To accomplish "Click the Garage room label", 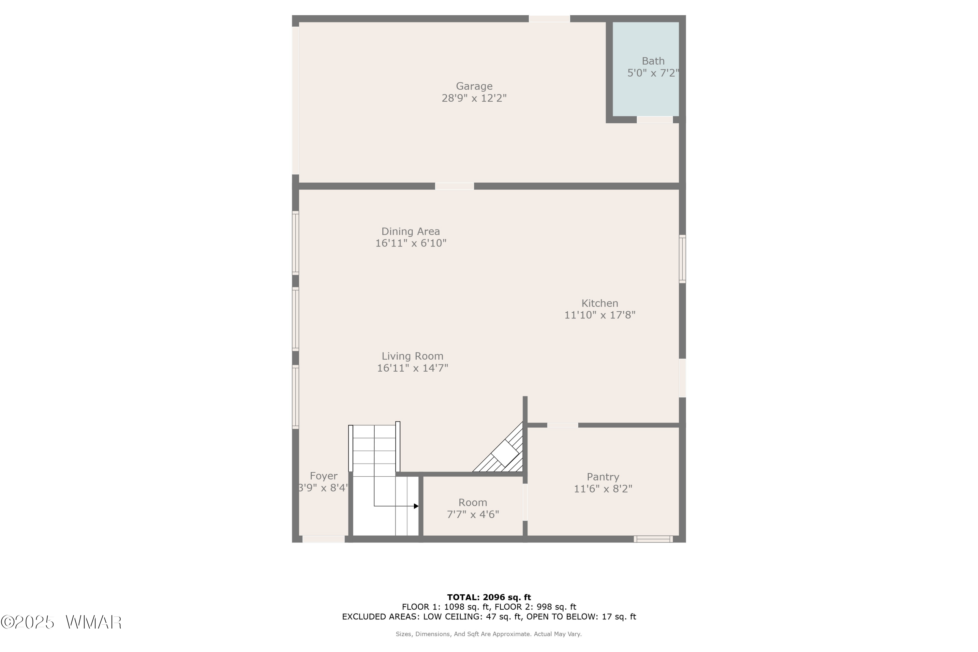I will point(474,86).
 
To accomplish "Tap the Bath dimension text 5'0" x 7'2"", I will point(653,73).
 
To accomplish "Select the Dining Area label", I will point(410,231).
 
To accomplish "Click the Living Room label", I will point(412,356).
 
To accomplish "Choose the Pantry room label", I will point(603,477).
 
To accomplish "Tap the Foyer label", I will point(323,476).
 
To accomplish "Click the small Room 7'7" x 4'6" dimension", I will point(473,514).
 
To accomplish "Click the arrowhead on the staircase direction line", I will point(416,506).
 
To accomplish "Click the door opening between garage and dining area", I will point(454,186).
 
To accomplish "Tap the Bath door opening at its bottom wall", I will point(655,120).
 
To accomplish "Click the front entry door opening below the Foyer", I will point(323,539).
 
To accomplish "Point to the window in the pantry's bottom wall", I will point(653,539).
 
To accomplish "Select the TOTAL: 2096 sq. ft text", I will point(489,598).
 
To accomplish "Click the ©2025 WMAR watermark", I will point(61,622).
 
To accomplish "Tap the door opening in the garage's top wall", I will point(549,19).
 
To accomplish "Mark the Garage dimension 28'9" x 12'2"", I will point(474,98).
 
